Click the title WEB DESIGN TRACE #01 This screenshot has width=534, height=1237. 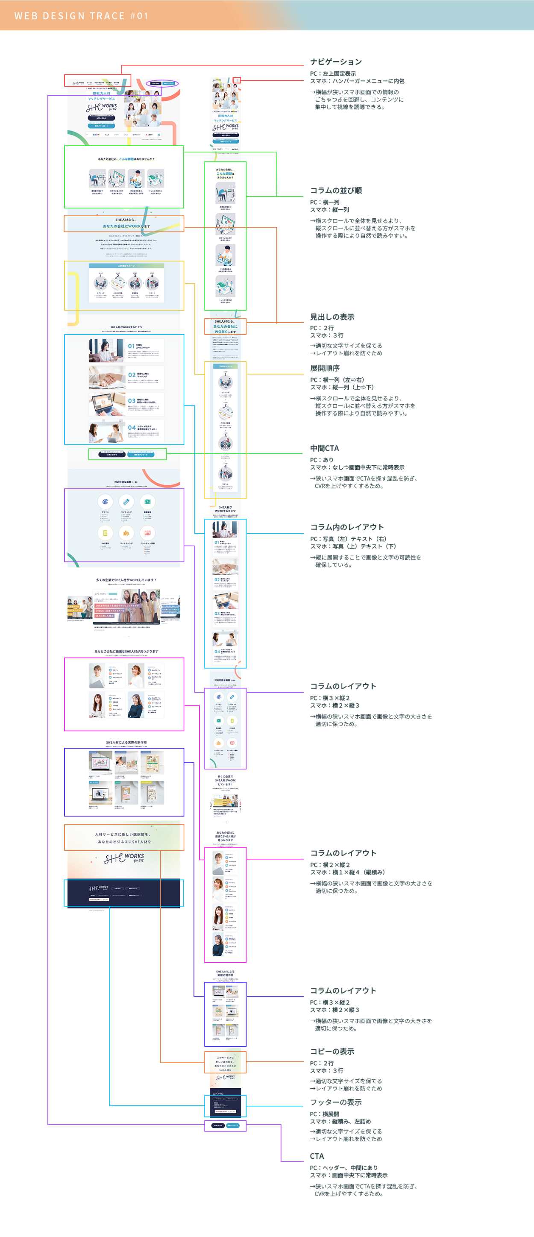[81, 16]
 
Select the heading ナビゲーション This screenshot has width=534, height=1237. [336, 62]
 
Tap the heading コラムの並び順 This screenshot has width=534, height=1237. [336, 191]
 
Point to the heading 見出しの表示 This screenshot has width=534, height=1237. [332, 317]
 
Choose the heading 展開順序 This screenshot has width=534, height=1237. [325, 368]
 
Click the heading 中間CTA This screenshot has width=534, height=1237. [324, 448]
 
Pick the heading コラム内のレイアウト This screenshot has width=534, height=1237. [347, 527]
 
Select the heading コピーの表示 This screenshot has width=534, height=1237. [332, 1052]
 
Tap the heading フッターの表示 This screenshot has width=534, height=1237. [336, 1102]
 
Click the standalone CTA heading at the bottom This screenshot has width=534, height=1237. [317, 1156]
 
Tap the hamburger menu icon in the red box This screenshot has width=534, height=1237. [237, 80]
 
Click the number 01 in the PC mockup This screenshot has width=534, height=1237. [131, 346]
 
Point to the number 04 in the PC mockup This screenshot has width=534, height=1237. [132, 427]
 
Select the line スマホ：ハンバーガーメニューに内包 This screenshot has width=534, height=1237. [357, 81]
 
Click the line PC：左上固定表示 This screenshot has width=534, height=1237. [333, 73]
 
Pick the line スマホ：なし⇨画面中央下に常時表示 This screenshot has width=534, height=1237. [357, 467]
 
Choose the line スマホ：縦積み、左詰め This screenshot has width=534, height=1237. [340, 1121]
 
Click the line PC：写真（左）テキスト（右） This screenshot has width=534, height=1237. [348, 539]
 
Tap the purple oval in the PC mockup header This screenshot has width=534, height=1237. [162, 83]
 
